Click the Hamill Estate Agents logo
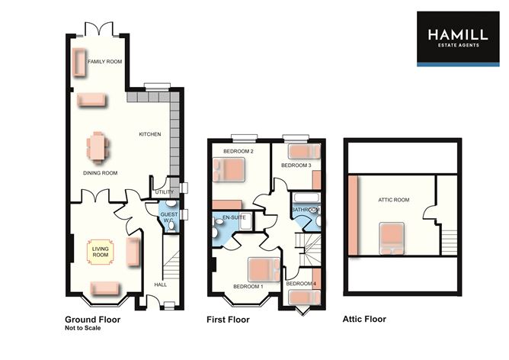click(458, 39)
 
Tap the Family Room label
click(105, 62)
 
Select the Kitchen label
click(150, 134)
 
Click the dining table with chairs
click(98, 148)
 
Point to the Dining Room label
click(100, 173)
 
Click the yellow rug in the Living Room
click(101, 252)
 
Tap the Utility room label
click(165, 192)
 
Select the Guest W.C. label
click(169, 217)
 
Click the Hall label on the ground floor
click(160, 284)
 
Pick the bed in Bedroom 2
click(229, 169)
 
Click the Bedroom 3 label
click(296, 166)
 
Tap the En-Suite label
click(234, 217)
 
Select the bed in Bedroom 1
click(264, 269)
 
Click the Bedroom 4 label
click(301, 284)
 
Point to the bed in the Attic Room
click(392, 238)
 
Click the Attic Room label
click(393, 200)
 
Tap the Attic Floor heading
click(364, 319)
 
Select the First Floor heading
click(228, 320)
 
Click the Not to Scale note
click(83, 328)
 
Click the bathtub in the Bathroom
click(306, 198)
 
